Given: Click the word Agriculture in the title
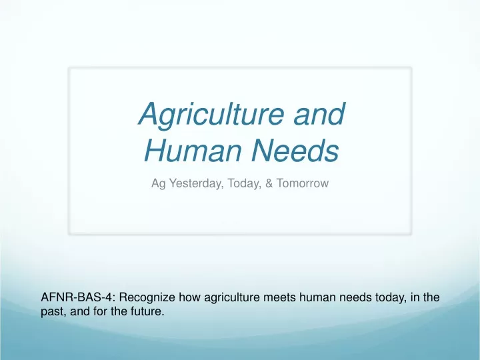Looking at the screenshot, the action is click(211, 115).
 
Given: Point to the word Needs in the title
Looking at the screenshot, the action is click(295, 150).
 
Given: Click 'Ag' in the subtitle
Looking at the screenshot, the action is click(159, 184).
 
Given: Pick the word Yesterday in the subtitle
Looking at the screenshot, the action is click(197, 183).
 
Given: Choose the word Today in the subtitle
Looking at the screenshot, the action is click(244, 183).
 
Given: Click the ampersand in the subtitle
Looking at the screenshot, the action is click(269, 183).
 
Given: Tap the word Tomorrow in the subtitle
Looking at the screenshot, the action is click(303, 183).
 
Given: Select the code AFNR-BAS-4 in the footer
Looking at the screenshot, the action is click(79, 297).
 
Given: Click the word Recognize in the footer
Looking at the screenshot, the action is click(147, 298).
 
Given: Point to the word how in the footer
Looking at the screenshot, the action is click(190, 297).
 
